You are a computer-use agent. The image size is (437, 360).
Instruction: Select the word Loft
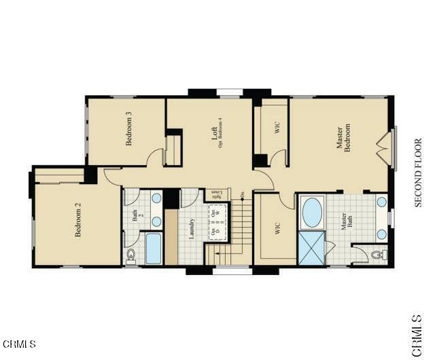tap(214, 132)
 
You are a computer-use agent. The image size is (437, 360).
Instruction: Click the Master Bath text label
tap(349, 224)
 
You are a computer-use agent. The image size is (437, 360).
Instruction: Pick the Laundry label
tap(193, 230)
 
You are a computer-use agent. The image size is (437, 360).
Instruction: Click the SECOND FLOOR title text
tap(419, 173)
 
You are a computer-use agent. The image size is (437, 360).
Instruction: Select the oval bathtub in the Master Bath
tap(313, 213)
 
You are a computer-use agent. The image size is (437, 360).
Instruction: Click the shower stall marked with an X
tap(311, 247)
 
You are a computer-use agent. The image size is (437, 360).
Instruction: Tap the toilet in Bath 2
tap(130, 255)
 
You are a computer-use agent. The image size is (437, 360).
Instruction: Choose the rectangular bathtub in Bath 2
tap(154, 249)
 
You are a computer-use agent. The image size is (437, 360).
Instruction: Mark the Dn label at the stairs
tap(243, 195)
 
